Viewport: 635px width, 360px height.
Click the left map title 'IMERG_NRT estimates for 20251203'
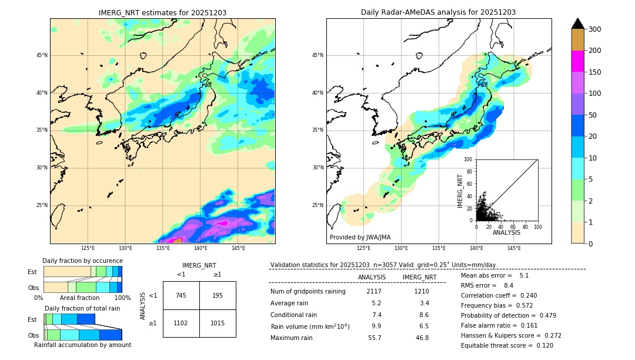pyautogui.click(x=162, y=12)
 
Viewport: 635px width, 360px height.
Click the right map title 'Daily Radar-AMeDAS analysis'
pyautogui.click(x=438, y=12)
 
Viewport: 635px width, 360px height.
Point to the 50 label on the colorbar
pyautogui.click(x=592, y=115)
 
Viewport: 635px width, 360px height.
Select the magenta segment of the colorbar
pyautogui.click(x=577, y=61)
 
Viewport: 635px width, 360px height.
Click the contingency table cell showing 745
pyautogui.click(x=181, y=295)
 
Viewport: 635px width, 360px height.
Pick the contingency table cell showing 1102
pyautogui.click(x=181, y=323)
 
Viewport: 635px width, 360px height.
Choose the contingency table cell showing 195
pyautogui.click(x=218, y=295)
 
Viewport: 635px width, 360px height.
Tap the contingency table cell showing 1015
pyautogui.click(x=218, y=323)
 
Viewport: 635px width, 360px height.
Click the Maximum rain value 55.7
pyautogui.click(x=375, y=338)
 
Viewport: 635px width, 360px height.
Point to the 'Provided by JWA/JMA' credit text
pyautogui.click(x=360, y=238)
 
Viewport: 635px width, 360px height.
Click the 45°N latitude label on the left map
pyautogui.click(x=42, y=55)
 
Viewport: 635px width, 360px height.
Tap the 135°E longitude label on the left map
pyautogui.click(x=163, y=248)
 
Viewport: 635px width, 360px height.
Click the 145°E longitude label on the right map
pyautogui.click(x=514, y=248)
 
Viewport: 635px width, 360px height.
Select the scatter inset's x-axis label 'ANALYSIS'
pyautogui.click(x=506, y=232)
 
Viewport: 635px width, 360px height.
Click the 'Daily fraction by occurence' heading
pyautogui.click(x=82, y=261)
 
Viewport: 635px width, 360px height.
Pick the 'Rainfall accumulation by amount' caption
pyautogui.click(x=82, y=345)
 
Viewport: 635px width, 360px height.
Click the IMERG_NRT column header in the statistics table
pyautogui.click(x=419, y=277)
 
